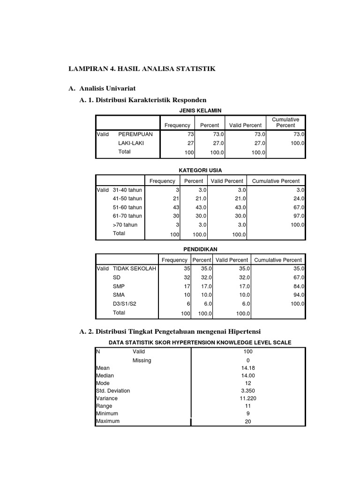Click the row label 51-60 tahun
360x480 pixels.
(127, 207)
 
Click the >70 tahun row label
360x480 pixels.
(125, 225)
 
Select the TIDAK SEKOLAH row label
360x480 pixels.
(135, 269)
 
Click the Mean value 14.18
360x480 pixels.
(248, 368)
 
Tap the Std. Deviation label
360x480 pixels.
(113, 391)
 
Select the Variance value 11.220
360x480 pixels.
(248, 398)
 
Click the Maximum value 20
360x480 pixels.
(248, 421)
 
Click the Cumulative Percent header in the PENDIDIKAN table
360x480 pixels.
(278, 260)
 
